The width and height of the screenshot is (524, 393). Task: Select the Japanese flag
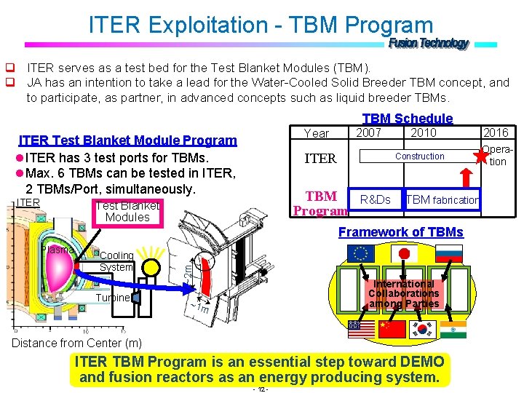coord(405,254)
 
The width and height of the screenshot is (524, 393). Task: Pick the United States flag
coord(361,330)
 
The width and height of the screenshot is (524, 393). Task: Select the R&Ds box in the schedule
coord(375,199)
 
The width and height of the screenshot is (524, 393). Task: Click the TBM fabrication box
coord(442,199)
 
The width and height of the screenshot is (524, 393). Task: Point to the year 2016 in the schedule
coord(496,132)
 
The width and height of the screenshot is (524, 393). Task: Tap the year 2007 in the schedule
coord(368,132)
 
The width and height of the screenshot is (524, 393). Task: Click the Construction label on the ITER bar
coord(419,156)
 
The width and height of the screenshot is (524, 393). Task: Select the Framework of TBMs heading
coord(400,232)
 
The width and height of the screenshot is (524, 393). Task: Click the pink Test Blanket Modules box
coord(127,211)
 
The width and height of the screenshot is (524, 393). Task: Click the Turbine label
coord(113,298)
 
